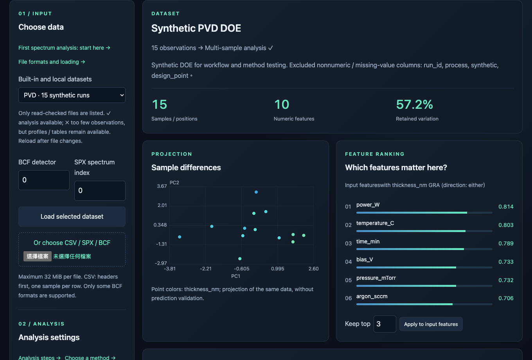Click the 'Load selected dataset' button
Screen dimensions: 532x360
(x=72, y=216)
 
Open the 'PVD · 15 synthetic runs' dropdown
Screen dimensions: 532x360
(x=72, y=95)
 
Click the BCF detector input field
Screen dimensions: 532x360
(x=44, y=180)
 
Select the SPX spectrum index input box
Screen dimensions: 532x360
(x=100, y=191)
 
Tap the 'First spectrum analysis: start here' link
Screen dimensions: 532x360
(x=64, y=48)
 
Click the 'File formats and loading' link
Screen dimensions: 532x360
(x=52, y=62)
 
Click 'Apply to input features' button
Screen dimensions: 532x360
(x=431, y=324)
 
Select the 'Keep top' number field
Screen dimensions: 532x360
(x=385, y=324)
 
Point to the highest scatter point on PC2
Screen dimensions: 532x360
(x=256, y=192)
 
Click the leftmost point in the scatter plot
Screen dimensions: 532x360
(x=180, y=237)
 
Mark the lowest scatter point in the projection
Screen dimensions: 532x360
(x=240, y=259)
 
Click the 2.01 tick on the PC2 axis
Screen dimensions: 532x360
(x=162, y=205)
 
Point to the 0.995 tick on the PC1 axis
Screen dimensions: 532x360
(x=278, y=269)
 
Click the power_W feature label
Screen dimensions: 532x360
(x=368, y=205)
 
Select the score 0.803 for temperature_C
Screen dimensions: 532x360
(x=506, y=225)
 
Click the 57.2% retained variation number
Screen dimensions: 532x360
(x=414, y=104)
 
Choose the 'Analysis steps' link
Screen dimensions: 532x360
(x=40, y=358)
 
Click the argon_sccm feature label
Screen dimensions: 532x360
(x=372, y=296)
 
